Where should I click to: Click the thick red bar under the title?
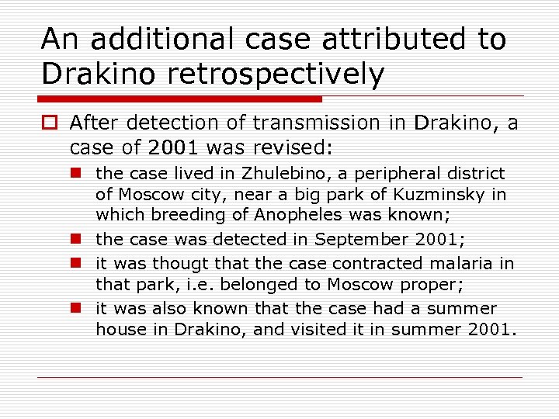(x=179, y=99)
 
